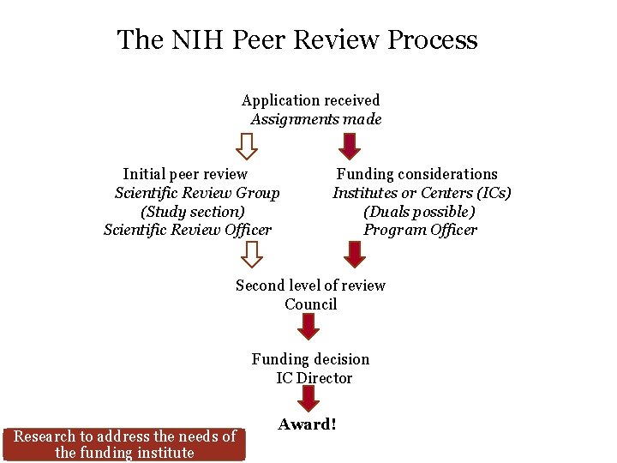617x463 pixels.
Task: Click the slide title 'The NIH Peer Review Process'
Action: pos(297,39)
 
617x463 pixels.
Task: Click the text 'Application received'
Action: pos(310,100)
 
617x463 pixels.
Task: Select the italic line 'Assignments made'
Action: pos(315,119)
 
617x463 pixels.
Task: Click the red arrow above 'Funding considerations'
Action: pos(350,146)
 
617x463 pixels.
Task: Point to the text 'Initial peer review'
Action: pos(185,174)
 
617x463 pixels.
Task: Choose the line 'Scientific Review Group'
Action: pos(197,193)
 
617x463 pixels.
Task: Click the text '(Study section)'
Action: pos(193,211)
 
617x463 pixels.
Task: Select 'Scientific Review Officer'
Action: pos(188,230)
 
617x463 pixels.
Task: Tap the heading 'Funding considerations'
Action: pos(416,174)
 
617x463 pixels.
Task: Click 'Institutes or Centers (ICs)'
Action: pos(422,193)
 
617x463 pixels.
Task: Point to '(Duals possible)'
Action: pos(419,211)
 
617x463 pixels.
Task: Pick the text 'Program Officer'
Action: pos(420,230)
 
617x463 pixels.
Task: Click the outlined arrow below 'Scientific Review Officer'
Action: pos(252,255)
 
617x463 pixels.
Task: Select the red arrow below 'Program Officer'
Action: pos(354,255)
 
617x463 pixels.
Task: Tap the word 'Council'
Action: pos(310,304)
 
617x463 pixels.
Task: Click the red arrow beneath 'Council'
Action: pos(308,327)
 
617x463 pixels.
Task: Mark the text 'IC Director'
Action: pos(314,378)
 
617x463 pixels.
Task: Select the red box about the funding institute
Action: pos(125,444)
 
